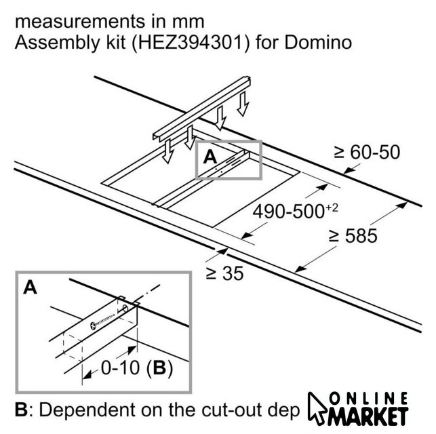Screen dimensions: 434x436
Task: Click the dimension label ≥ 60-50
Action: coord(367,153)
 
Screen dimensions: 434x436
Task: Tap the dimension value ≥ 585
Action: coord(353,236)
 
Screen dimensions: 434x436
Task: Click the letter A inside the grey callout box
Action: coord(211,157)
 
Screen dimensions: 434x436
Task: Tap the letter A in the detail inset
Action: coord(30,289)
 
